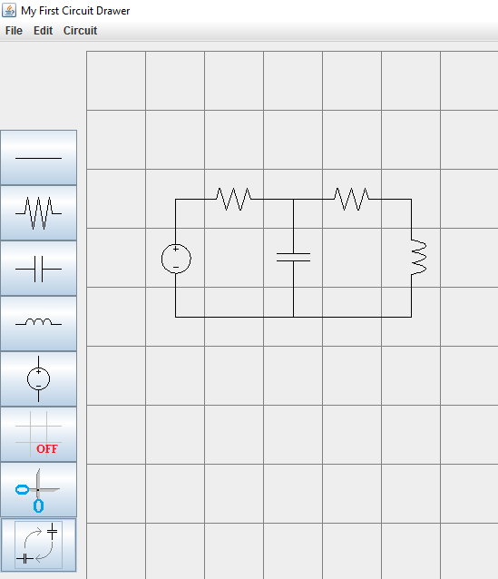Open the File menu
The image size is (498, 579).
[x=14, y=31]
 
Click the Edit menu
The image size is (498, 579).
[x=44, y=31]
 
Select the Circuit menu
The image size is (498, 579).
[x=80, y=31]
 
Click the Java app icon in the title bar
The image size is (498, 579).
[x=9, y=10]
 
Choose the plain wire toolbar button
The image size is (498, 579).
[x=38, y=158]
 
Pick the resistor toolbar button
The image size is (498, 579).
[x=38, y=213]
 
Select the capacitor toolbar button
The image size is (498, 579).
[x=38, y=269]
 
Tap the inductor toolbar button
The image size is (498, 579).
[x=38, y=323]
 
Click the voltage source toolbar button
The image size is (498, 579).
[x=38, y=378]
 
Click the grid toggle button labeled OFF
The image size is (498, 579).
[x=38, y=434]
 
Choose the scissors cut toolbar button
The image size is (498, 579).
[x=38, y=490]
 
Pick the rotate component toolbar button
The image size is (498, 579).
[x=38, y=545]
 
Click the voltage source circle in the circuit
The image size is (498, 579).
[x=161, y=259]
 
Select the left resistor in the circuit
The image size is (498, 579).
[x=234, y=199]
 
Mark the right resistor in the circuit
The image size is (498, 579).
[x=352, y=199]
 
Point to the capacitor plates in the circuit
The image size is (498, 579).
[x=294, y=257]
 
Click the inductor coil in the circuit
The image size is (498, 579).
[x=419, y=258]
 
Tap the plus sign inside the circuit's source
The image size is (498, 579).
[x=176, y=249]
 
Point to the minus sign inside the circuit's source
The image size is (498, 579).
[x=176, y=267]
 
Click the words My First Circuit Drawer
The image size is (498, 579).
[x=75, y=11]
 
